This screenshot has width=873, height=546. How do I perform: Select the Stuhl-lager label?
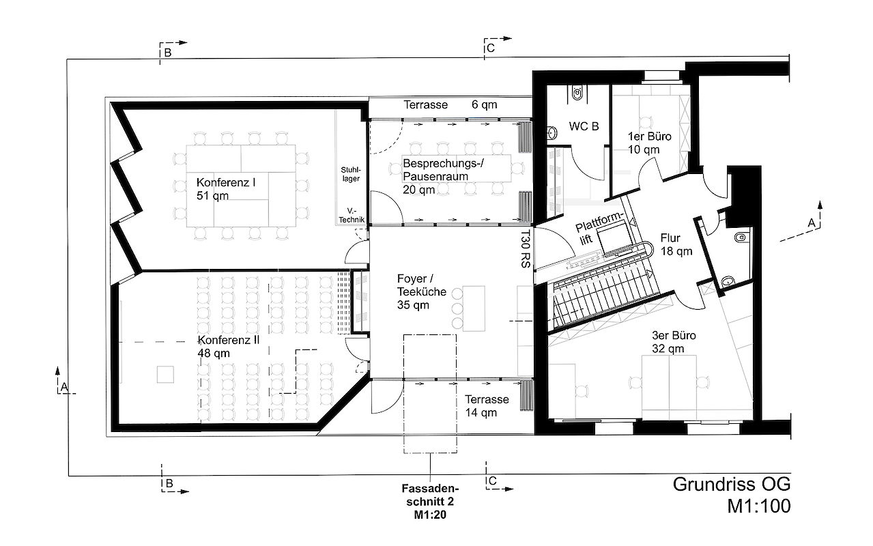click(x=351, y=174)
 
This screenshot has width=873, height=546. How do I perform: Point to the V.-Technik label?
click(x=351, y=216)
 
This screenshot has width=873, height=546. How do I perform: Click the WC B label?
click(x=584, y=126)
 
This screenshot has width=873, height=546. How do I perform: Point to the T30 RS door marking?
click(x=526, y=248)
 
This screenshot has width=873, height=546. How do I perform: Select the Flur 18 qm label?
click(x=676, y=244)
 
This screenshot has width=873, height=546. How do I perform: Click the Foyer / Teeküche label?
click(x=422, y=291)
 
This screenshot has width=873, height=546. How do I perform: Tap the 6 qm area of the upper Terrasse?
click(x=484, y=104)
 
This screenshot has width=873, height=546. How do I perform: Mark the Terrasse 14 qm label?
click(x=487, y=405)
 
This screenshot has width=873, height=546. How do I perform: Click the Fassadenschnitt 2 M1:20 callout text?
click(x=430, y=502)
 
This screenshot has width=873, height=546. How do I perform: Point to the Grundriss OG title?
click(x=732, y=485)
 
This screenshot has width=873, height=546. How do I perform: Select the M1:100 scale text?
click(x=759, y=506)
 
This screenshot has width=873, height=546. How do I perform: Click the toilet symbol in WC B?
click(x=577, y=93)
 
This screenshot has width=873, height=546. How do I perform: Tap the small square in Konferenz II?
click(x=165, y=374)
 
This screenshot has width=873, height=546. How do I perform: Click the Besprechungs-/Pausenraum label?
click(x=443, y=176)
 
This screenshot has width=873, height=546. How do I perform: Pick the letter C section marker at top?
click(x=490, y=48)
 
